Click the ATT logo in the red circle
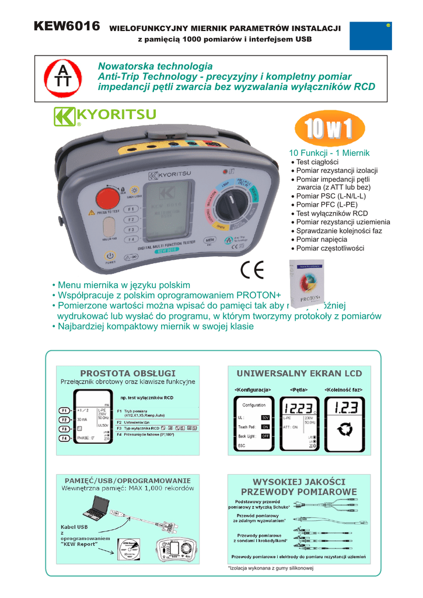click(61, 81)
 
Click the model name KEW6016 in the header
click(67, 26)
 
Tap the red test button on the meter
click(108, 199)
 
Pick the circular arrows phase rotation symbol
click(345, 431)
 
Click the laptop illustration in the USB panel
click(94, 509)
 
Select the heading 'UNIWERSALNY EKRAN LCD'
click(299, 373)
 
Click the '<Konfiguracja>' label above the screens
click(253, 389)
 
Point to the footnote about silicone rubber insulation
click(271, 568)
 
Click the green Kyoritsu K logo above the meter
click(64, 116)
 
